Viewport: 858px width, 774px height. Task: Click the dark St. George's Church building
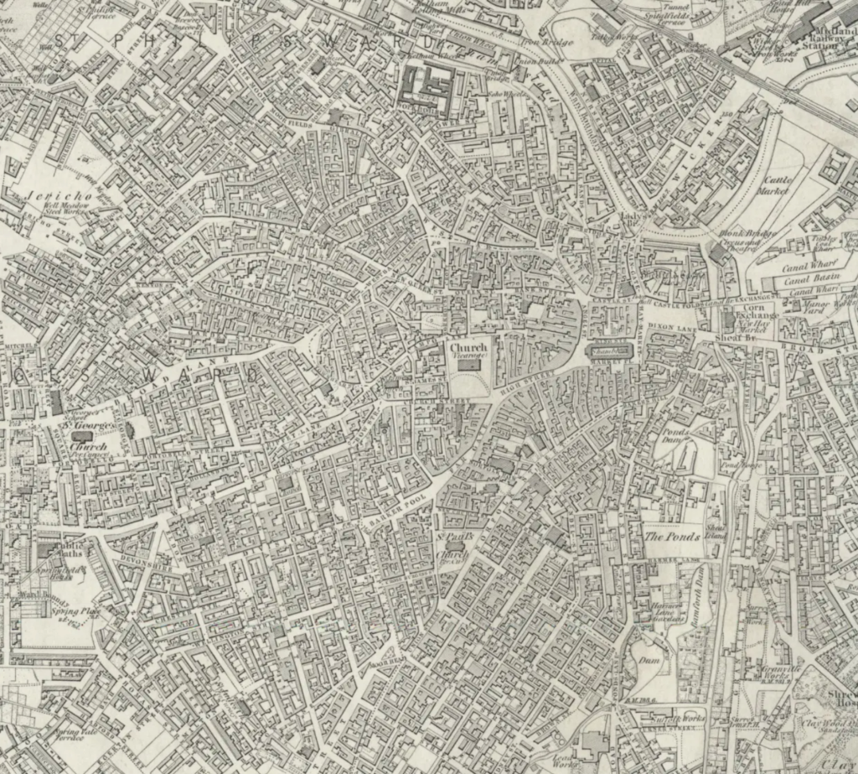(82, 436)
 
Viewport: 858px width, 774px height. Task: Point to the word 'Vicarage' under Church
(469, 356)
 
